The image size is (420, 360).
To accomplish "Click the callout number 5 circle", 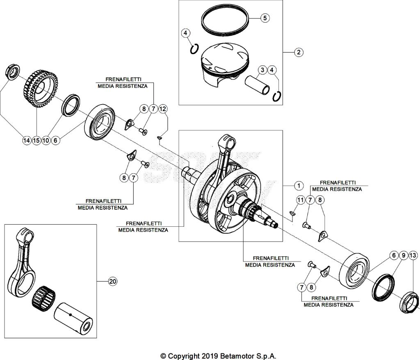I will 265,18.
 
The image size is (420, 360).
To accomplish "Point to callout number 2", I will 299,52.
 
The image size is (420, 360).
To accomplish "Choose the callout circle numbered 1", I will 299,186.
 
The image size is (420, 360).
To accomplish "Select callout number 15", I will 37,141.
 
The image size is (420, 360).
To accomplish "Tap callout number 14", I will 27,141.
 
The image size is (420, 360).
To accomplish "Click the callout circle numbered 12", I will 163,109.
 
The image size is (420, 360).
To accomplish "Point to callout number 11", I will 301,200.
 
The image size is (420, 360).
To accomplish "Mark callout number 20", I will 112,281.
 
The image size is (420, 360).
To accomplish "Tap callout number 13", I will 413,255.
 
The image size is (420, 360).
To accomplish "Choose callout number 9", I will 403,255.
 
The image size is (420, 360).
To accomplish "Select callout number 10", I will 46,141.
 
